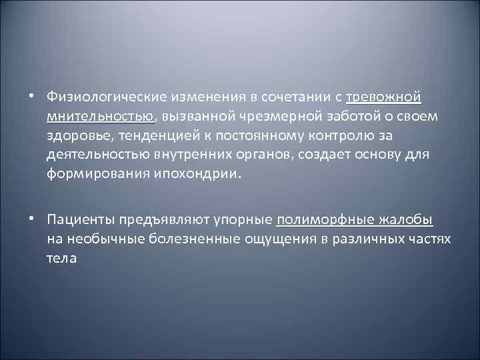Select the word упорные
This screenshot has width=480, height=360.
243,219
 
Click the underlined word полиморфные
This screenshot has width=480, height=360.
317,219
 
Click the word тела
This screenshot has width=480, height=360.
61,258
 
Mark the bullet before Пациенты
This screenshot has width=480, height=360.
31,219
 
